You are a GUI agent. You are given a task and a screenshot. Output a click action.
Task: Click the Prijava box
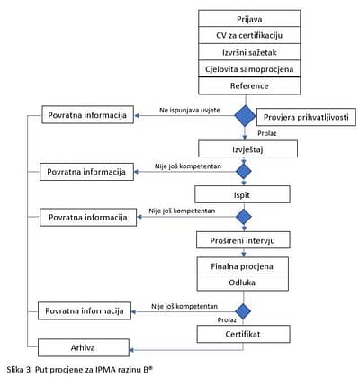pos(249,19)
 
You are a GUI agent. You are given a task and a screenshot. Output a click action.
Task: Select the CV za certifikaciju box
pos(249,35)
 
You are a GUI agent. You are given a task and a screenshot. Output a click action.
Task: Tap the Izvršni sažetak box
pos(249,52)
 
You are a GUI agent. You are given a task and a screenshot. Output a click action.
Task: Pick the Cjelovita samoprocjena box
pos(249,69)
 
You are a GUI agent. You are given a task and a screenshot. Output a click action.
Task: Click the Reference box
pos(249,86)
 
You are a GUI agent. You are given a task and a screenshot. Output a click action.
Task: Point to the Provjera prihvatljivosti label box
pos(306,117)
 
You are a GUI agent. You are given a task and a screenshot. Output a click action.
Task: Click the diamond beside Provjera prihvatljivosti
pos(245,116)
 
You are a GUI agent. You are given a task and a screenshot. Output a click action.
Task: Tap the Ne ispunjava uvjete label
pos(190,110)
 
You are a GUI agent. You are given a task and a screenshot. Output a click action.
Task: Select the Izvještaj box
pos(247,149)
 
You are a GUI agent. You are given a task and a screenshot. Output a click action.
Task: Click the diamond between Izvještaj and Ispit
pos(244,171)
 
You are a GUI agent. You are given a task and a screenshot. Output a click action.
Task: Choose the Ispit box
pos(242,194)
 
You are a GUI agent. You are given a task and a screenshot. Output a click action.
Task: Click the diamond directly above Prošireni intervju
pos(244,217)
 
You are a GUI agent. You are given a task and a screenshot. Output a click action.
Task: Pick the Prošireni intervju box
pos(243,240)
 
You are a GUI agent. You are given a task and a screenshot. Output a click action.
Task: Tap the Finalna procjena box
pos(243,265)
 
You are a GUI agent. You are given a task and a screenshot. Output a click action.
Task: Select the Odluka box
pos(243,283)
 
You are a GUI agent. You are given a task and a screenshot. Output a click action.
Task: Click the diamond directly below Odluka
pos(243,311)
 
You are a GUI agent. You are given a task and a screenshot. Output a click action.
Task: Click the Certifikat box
pos(243,334)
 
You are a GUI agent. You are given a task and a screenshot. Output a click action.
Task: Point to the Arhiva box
pos(84,347)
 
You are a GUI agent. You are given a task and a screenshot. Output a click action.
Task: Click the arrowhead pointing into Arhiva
pos(131,350)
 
